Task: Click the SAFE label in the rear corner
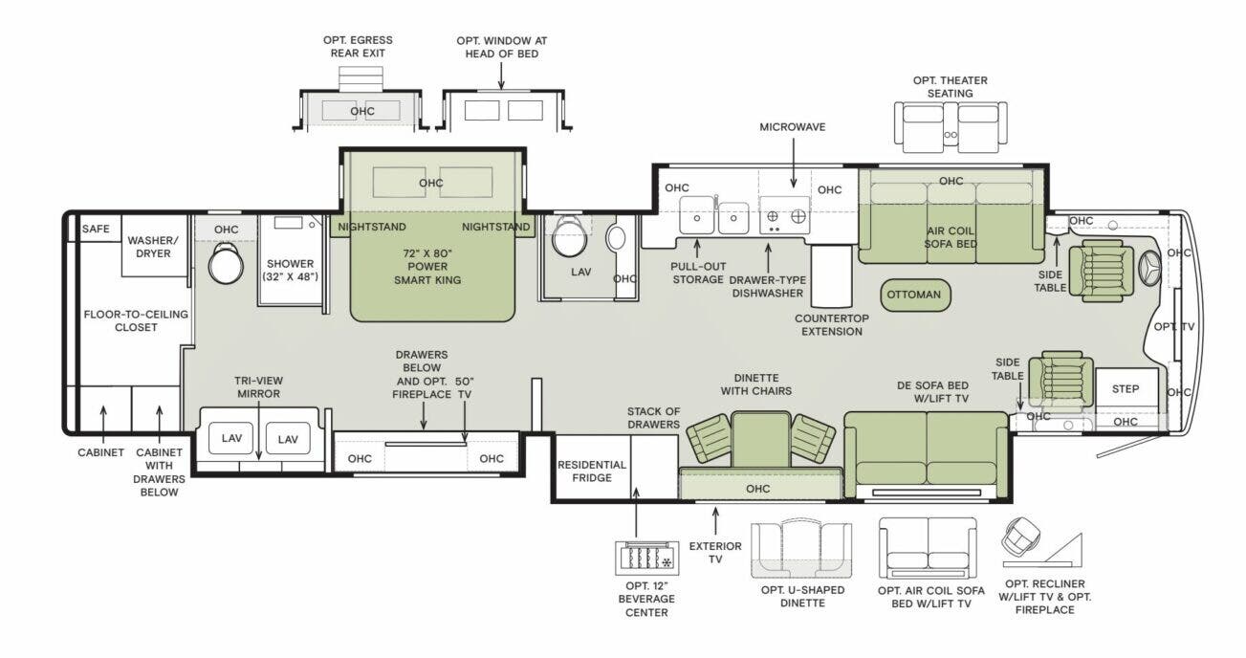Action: (x=96, y=230)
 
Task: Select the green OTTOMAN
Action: (x=914, y=295)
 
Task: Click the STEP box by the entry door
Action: (x=1126, y=389)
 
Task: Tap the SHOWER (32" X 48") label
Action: (x=290, y=270)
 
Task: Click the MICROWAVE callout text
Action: (x=792, y=127)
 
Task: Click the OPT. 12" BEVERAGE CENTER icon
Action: (x=645, y=559)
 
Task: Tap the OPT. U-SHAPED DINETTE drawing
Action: (x=801, y=550)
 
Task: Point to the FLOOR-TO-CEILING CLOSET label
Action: (x=135, y=320)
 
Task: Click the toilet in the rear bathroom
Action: (x=227, y=263)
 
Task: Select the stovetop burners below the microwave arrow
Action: (x=783, y=217)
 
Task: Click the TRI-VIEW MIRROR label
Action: (x=258, y=387)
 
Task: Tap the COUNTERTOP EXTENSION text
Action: (x=831, y=325)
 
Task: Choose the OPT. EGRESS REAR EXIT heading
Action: (x=358, y=47)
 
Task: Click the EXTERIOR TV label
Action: (x=715, y=553)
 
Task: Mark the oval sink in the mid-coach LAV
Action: (x=617, y=237)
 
